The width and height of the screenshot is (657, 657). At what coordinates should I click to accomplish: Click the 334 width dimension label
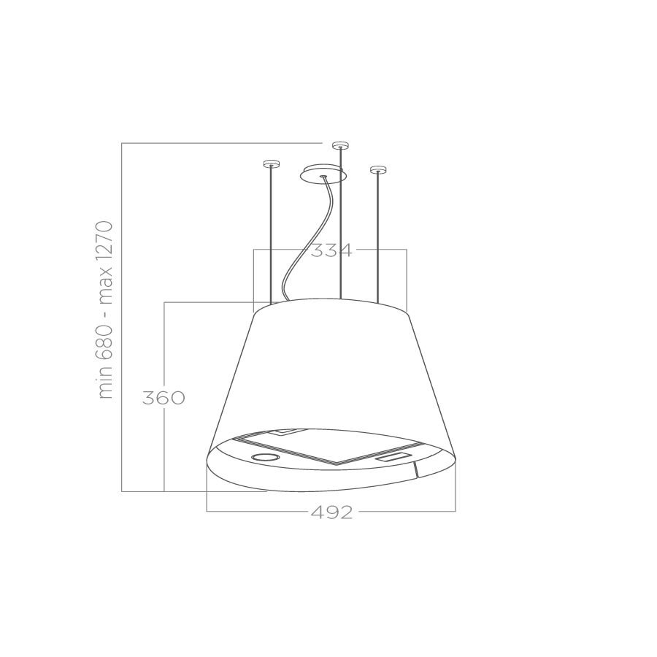pyautogui.click(x=331, y=250)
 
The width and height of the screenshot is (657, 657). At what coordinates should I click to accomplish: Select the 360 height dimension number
pyautogui.click(x=164, y=398)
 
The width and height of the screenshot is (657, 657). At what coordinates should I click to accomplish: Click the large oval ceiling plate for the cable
pyautogui.click(x=323, y=174)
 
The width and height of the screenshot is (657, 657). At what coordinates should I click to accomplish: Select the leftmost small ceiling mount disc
pyautogui.click(x=271, y=164)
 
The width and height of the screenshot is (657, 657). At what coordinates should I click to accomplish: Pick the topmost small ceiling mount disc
pyautogui.click(x=340, y=146)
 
